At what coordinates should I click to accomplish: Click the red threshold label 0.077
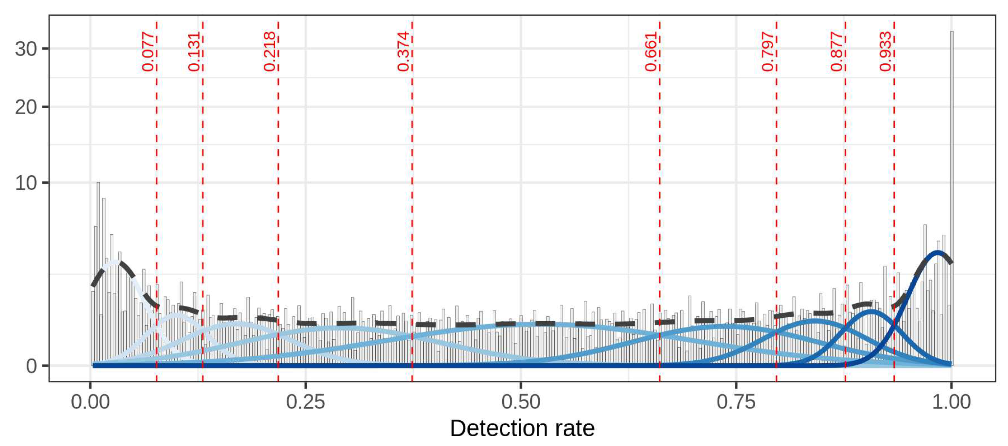(x=148, y=52)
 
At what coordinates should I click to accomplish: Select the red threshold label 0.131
(x=195, y=52)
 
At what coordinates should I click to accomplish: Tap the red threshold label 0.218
(x=270, y=52)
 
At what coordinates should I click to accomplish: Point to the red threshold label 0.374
(x=404, y=52)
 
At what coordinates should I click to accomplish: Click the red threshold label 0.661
(x=651, y=52)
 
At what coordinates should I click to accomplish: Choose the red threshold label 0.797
(x=768, y=52)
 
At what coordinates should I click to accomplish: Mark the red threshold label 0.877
(x=837, y=52)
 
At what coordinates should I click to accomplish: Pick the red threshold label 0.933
(x=886, y=52)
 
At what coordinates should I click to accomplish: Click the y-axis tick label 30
(x=26, y=49)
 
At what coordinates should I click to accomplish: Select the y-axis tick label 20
(x=26, y=107)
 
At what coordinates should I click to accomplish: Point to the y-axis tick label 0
(x=31, y=366)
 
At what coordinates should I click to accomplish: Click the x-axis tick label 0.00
(x=90, y=402)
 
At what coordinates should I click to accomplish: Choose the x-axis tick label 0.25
(x=306, y=402)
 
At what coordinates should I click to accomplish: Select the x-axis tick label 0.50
(x=521, y=402)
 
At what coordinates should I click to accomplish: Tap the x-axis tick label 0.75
(x=736, y=402)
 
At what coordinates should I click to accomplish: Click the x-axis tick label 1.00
(x=951, y=402)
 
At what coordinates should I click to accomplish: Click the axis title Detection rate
(x=522, y=428)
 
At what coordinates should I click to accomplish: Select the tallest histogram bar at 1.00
(x=952, y=196)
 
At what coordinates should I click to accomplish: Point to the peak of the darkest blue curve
(x=938, y=252)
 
